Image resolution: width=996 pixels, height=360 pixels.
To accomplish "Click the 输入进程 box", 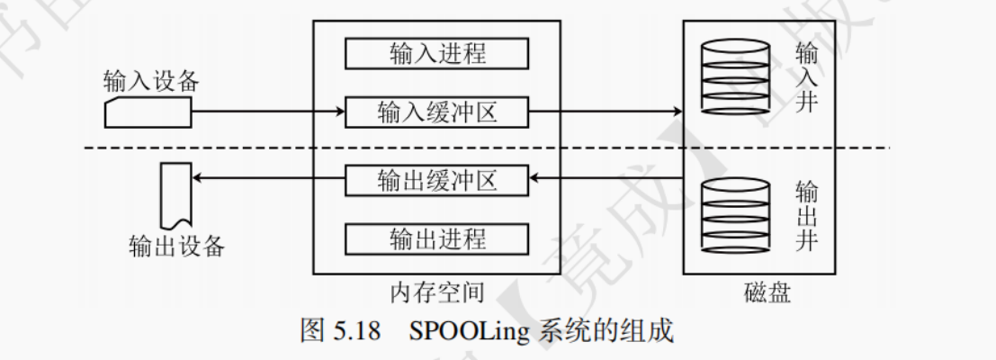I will pos(437,53).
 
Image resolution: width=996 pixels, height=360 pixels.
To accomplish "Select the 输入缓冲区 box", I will pos(437,112).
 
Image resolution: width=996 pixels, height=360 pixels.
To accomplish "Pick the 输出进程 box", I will pos(437,238).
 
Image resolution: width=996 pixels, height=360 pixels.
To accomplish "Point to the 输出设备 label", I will pos(176,245).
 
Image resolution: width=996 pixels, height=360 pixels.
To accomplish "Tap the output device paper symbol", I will pos(174,194).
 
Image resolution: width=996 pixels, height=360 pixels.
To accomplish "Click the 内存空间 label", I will pos(437,292).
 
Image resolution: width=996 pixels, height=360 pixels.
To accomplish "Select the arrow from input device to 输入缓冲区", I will pos(270,112).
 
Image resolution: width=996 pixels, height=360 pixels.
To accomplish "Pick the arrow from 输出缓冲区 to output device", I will pos(270,179).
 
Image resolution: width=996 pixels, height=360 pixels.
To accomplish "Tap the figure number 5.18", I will pos(357,330).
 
